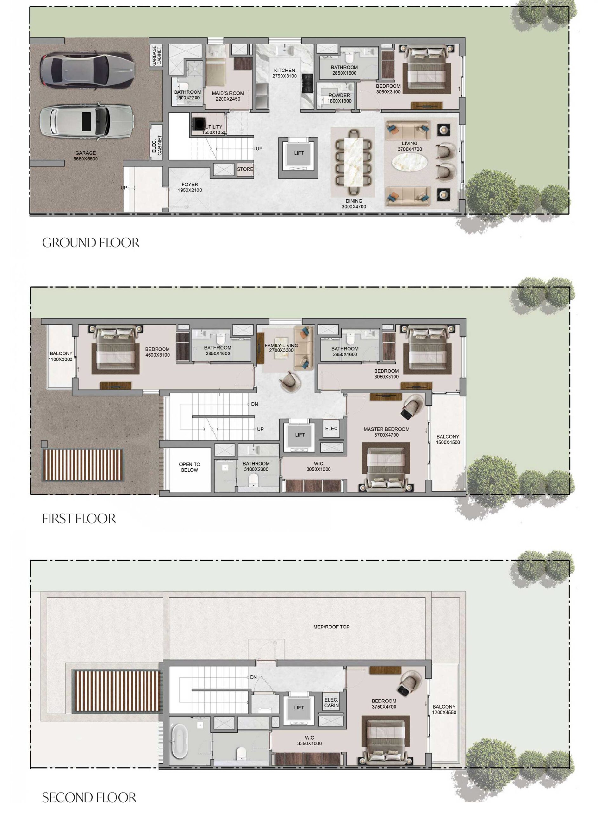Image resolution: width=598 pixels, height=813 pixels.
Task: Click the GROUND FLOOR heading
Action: point(90,243)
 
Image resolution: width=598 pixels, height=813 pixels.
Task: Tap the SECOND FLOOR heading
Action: point(89,797)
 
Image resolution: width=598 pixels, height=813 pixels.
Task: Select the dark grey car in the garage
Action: point(87,70)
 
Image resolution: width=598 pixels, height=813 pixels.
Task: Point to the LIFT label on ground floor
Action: point(299,153)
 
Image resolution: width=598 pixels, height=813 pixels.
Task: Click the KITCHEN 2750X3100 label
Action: point(284,73)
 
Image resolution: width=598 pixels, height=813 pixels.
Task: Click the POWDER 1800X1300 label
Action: point(339,98)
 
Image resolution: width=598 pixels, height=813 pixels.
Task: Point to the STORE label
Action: point(245,169)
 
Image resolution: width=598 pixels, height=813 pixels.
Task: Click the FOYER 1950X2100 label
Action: point(190,187)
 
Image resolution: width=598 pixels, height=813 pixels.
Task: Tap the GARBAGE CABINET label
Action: point(156,55)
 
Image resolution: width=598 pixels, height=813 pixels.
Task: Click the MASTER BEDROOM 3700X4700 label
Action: point(386,432)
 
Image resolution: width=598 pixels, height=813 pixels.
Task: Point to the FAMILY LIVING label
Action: point(281,348)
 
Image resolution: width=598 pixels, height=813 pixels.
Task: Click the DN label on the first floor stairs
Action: point(255,404)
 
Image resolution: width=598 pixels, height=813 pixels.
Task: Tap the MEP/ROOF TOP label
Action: point(331,627)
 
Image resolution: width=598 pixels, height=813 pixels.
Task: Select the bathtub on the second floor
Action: point(180,741)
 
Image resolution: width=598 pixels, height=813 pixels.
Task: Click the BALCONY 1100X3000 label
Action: point(61,356)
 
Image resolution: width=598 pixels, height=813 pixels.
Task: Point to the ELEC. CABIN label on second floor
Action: point(331,702)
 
